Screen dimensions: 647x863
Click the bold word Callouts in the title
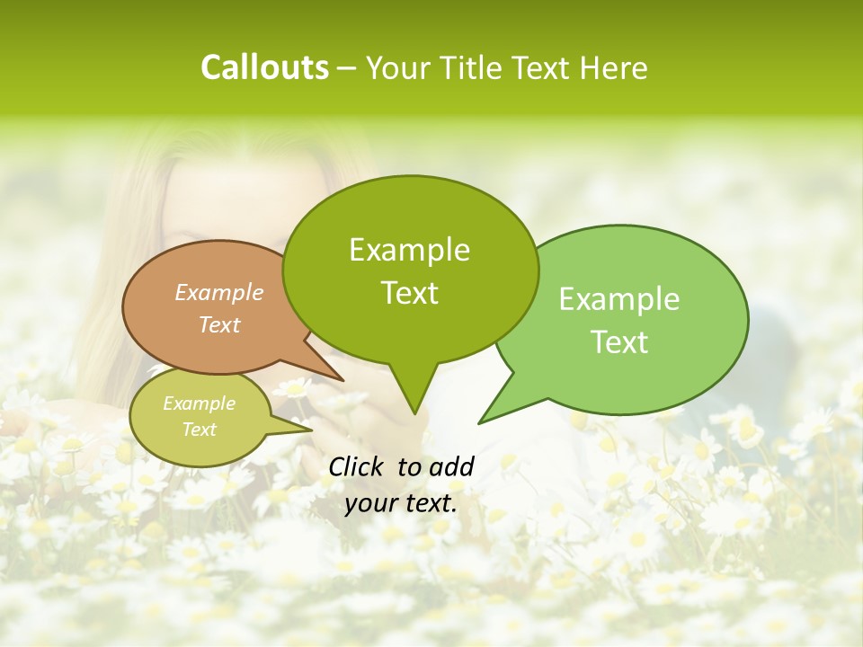[264, 67]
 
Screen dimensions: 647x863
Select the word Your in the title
[398, 67]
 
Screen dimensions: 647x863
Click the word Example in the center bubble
[410, 250]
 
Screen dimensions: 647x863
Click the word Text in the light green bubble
[620, 342]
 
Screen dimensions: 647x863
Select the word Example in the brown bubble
[219, 292]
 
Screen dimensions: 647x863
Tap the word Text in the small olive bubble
[200, 430]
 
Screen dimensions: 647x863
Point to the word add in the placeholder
[450, 466]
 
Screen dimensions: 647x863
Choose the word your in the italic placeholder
[370, 503]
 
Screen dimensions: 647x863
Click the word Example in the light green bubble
[619, 299]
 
